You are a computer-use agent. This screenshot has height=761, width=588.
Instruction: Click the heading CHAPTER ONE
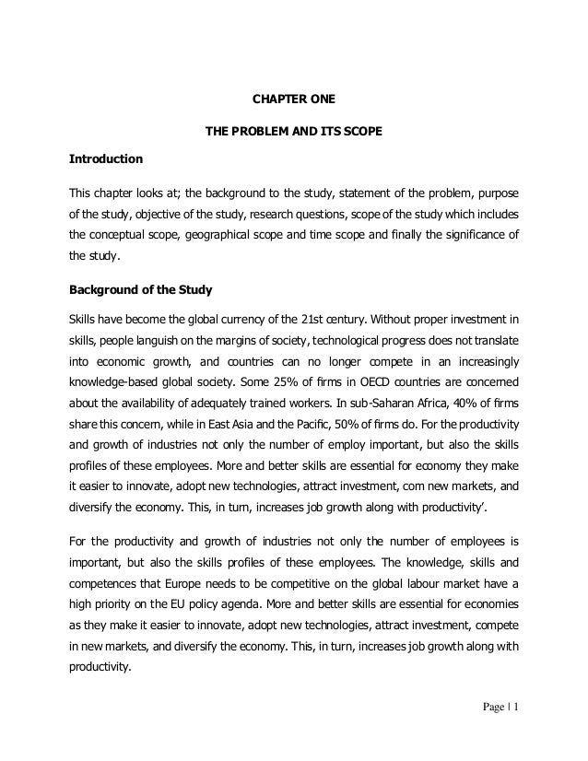coord(293,100)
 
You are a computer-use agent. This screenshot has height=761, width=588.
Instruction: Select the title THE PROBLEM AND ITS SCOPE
coord(293,131)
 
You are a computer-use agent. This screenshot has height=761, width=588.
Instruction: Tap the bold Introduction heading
coord(106,159)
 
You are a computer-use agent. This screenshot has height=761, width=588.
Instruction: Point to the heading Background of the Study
coord(141,290)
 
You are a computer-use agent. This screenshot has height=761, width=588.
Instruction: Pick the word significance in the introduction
coord(462,234)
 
